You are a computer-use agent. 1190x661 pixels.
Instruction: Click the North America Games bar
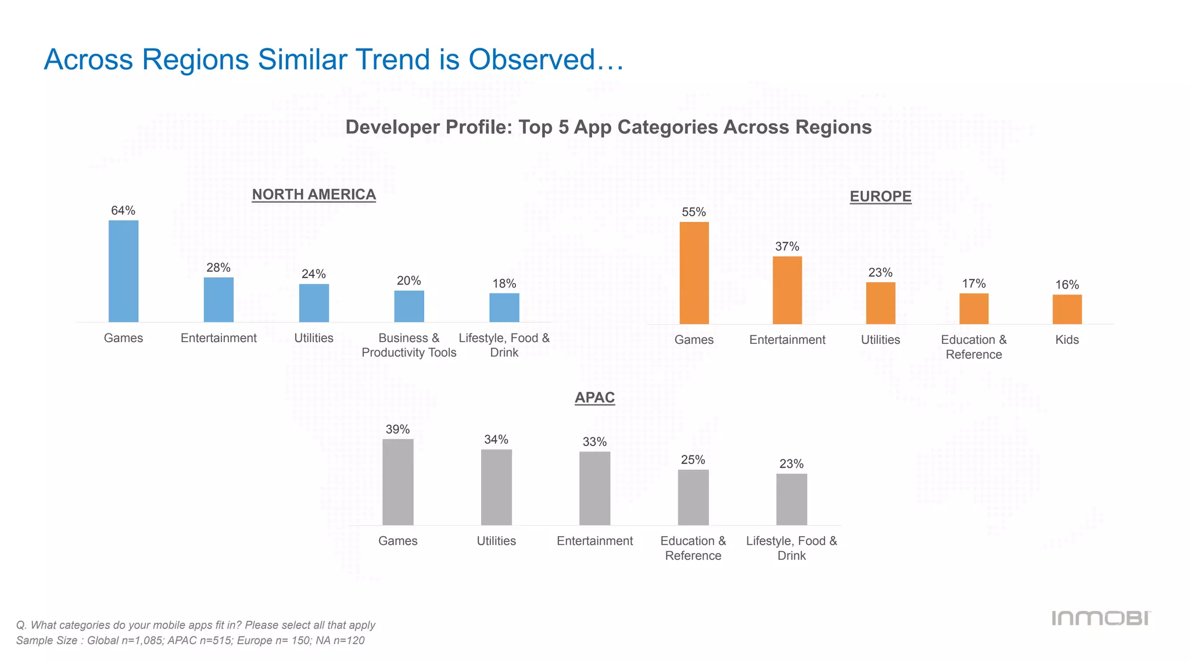point(123,271)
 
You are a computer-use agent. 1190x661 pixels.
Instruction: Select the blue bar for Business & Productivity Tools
point(409,306)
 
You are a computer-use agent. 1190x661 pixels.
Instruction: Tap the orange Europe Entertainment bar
point(787,290)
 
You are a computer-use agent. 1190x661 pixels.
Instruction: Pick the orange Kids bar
point(1067,309)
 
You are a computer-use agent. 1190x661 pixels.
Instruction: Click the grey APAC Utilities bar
point(496,487)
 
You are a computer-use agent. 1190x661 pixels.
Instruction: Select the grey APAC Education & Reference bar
point(693,497)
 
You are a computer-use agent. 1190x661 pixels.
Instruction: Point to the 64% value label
point(123,211)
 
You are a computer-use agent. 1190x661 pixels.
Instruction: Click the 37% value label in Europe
point(787,247)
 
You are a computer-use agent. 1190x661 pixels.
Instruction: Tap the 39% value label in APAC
point(398,430)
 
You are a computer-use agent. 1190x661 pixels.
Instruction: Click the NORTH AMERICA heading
point(314,195)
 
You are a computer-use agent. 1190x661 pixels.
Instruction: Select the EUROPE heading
point(880,196)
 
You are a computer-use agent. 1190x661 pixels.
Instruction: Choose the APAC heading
point(594,398)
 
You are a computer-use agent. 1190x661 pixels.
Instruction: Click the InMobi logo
point(1101,618)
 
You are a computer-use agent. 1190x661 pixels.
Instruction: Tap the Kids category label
point(1067,340)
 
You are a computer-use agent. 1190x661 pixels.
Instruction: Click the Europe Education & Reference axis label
point(974,347)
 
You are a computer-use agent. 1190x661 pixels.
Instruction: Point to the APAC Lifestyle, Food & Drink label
point(791,548)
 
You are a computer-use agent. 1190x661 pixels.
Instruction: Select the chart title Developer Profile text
point(608,127)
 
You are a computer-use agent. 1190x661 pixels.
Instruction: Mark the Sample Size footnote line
point(190,641)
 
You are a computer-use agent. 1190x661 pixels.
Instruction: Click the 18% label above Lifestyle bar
point(504,284)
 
